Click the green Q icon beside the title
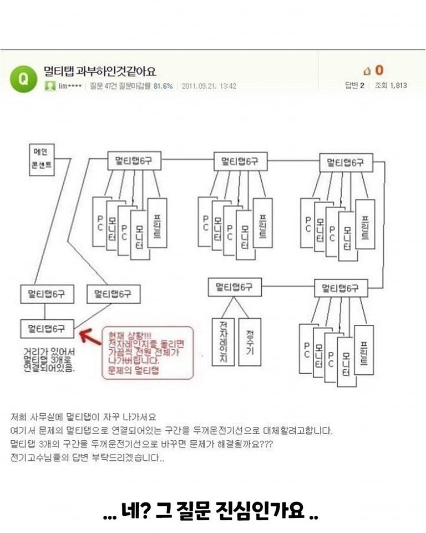click(23, 78)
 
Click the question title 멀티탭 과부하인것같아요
click(100, 71)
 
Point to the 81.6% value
click(163, 86)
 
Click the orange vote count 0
click(379, 71)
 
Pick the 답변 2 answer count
click(354, 86)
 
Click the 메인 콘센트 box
click(42, 160)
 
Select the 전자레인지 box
click(223, 341)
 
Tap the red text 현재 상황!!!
click(128, 336)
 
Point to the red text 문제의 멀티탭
click(134, 369)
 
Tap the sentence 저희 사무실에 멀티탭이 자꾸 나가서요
click(83, 417)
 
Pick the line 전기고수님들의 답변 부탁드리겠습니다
click(87, 458)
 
